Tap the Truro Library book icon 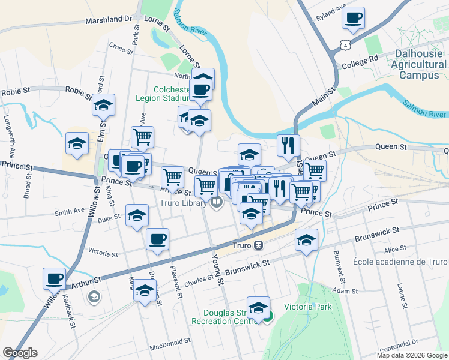[x=217, y=203]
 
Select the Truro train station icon [x=258, y=245]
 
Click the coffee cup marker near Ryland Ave [x=354, y=17]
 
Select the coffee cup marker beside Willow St [x=54, y=278]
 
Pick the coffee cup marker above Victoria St [x=157, y=239]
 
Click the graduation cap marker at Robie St [x=103, y=106]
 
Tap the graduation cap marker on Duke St [x=137, y=215]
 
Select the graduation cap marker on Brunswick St [x=306, y=241]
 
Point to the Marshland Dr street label [x=108, y=19]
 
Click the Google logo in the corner [x=20, y=353]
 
